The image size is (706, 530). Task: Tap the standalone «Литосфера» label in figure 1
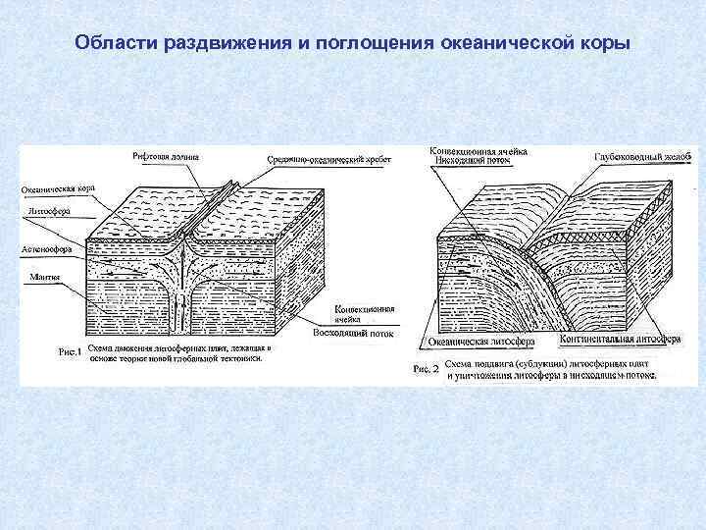tap(49, 211)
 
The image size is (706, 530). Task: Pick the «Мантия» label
tap(43, 278)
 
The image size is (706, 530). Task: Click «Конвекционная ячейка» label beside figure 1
tap(364, 313)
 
